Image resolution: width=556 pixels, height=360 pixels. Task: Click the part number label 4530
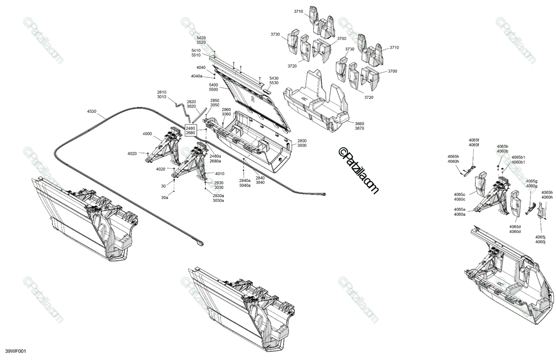click(x=92, y=111)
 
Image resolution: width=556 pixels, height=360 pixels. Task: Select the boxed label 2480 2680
click(x=190, y=130)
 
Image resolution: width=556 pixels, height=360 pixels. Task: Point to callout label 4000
click(x=147, y=133)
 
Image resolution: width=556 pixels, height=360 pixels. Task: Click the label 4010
click(x=220, y=174)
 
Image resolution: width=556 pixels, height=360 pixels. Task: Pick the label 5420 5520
click(x=201, y=40)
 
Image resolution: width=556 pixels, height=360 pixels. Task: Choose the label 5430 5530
click(x=274, y=80)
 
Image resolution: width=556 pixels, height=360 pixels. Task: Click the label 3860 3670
click(x=360, y=126)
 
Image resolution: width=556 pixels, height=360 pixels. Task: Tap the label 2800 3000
click(x=302, y=143)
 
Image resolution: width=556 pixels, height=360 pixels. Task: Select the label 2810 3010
click(x=161, y=95)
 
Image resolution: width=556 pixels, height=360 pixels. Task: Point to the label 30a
click(x=164, y=197)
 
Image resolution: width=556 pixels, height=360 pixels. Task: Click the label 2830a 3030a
click(x=218, y=198)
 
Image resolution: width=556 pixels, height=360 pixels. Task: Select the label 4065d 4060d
click(x=515, y=229)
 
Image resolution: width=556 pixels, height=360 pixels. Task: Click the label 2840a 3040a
click(x=245, y=183)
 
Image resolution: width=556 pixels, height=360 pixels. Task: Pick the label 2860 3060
click(x=226, y=112)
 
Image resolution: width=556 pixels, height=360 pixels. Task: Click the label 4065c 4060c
click(x=460, y=197)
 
